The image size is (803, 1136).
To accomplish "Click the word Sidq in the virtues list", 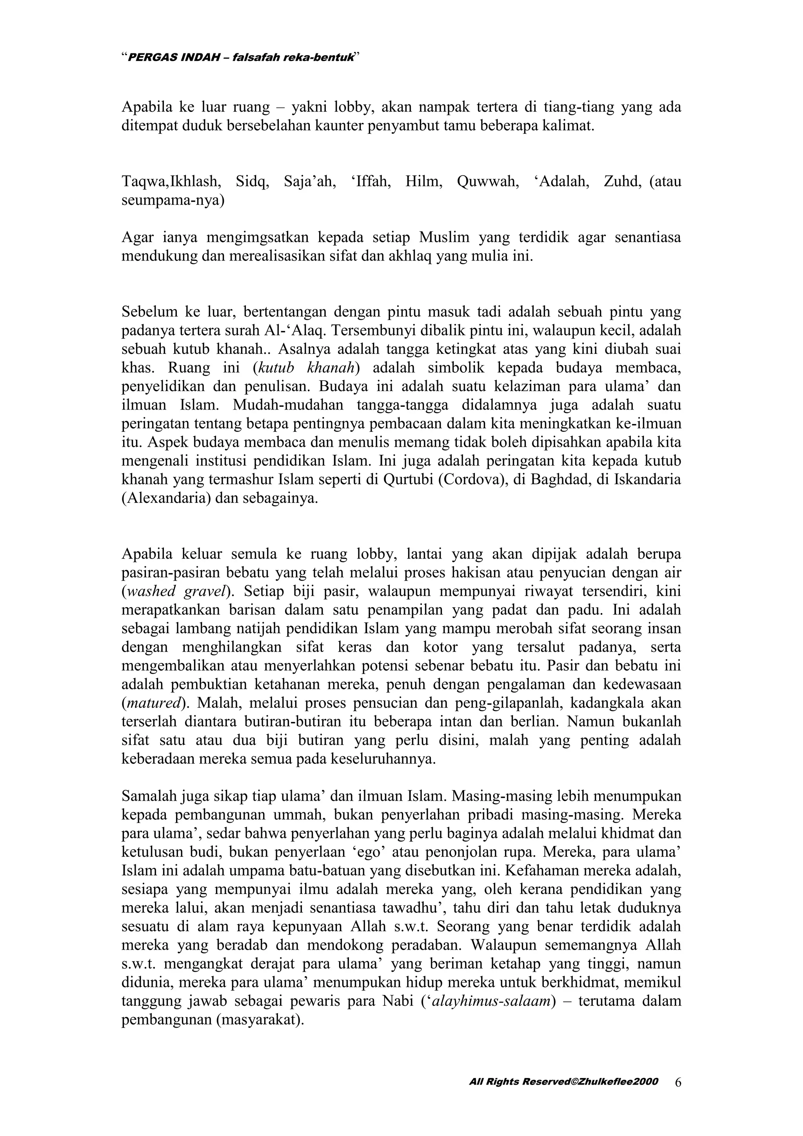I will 252,182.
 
